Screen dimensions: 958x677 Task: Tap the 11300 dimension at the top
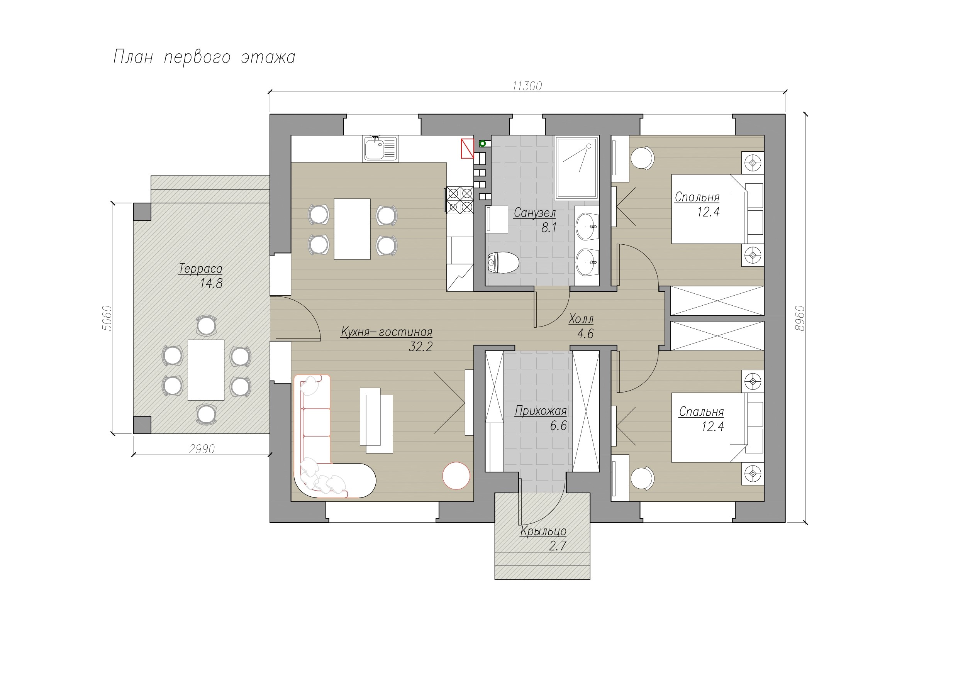pyautogui.click(x=527, y=86)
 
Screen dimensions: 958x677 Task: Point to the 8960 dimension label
pyautogui.click(x=799, y=318)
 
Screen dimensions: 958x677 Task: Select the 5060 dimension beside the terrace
pyautogui.click(x=107, y=318)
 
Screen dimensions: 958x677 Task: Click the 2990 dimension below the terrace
pyautogui.click(x=202, y=449)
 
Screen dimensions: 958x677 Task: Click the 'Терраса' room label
pyautogui.click(x=201, y=268)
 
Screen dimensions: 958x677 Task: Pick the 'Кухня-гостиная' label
pyautogui.click(x=387, y=332)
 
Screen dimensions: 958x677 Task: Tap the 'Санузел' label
pyautogui.click(x=535, y=213)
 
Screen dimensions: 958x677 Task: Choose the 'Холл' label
pyautogui.click(x=581, y=319)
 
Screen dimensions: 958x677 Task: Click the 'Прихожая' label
pyautogui.click(x=541, y=411)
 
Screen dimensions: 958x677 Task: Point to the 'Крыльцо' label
pyautogui.click(x=543, y=531)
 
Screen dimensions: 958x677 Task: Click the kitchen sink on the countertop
pyautogui.click(x=380, y=148)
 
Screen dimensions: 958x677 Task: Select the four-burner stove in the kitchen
pyautogui.click(x=460, y=200)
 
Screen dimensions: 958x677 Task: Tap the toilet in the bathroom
pyautogui.click(x=503, y=262)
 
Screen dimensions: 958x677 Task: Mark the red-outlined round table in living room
pyautogui.click(x=456, y=476)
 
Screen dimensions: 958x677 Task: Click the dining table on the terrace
pyautogui.click(x=206, y=370)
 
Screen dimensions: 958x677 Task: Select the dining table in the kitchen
pyautogui.click(x=352, y=229)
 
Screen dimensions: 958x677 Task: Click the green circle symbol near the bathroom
pyautogui.click(x=483, y=144)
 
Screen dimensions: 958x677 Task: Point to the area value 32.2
pyautogui.click(x=421, y=347)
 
